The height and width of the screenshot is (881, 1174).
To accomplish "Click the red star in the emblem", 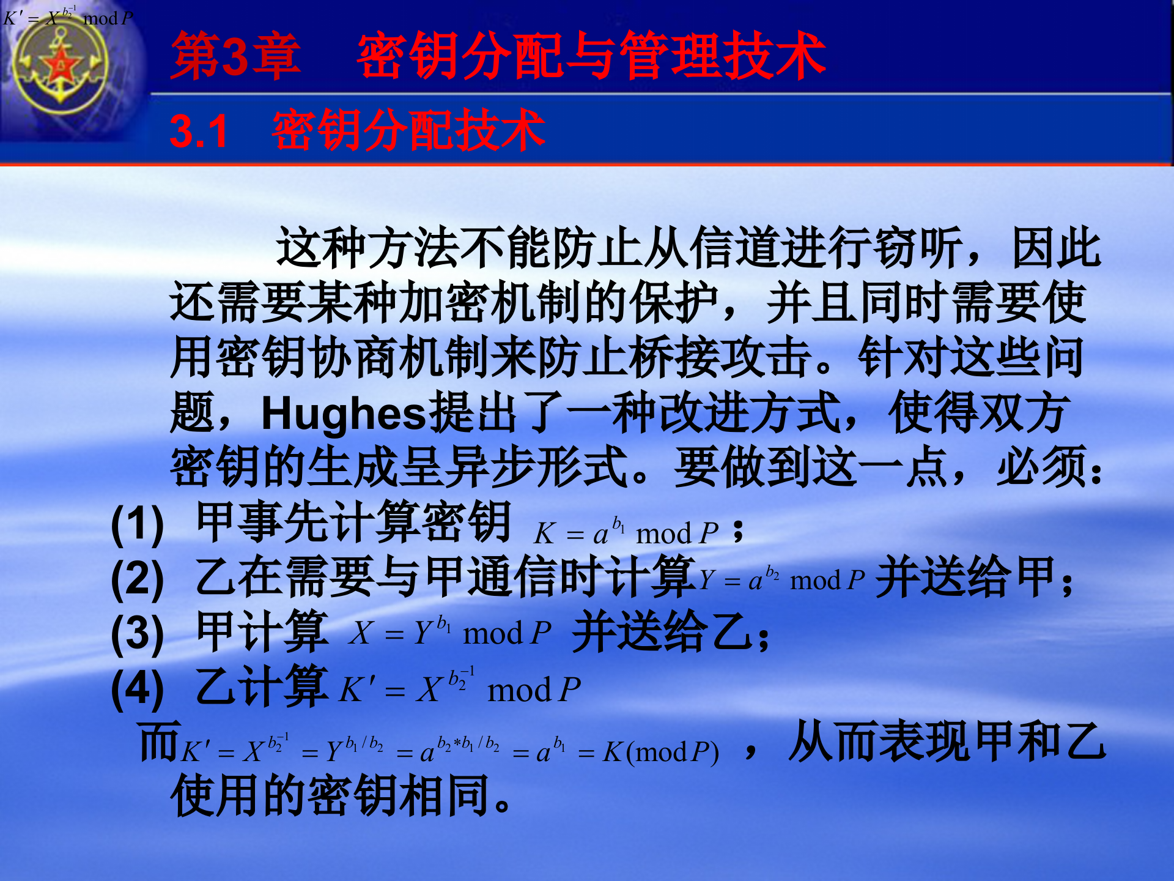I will (61, 65).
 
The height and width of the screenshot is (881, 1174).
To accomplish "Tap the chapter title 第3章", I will (235, 57).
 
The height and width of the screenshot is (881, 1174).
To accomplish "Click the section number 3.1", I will (199, 132).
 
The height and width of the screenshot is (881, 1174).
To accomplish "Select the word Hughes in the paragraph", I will (343, 414).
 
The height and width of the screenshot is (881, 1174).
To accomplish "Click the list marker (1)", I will (138, 526).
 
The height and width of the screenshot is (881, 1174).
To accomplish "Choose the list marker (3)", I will (138, 634).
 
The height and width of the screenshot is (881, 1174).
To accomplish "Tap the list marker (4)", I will (138, 689).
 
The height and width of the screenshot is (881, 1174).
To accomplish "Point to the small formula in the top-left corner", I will (67, 17).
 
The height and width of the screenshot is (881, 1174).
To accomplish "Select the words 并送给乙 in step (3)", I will (663, 632).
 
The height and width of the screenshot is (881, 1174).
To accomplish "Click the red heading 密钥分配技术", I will (408, 131).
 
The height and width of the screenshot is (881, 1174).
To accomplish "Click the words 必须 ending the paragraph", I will (1042, 468).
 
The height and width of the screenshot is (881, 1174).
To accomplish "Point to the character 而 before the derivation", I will (159, 742).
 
